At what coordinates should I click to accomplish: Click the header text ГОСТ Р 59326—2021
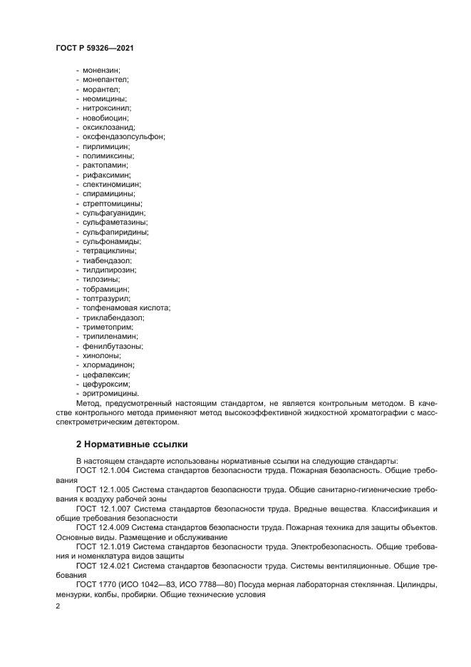click(94, 48)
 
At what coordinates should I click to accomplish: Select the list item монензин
click(102, 71)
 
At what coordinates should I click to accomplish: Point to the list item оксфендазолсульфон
click(123, 136)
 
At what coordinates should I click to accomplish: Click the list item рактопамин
click(105, 165)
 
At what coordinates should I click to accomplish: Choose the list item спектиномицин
click(111, 184)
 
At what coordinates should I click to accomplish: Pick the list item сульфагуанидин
click(113, 213)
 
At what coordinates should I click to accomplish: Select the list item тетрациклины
click(110, 250)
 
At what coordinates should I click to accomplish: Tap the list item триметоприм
click(108, 327)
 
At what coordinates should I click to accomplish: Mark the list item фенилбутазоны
click(113, 346)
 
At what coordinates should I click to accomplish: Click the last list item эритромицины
click(110, 393)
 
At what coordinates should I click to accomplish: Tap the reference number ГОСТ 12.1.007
click(103, 509)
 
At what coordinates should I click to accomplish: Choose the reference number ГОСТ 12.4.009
click(103, 527)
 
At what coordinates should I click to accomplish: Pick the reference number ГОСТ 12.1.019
click(103, 546)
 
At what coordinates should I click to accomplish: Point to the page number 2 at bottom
click(58, 606)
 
